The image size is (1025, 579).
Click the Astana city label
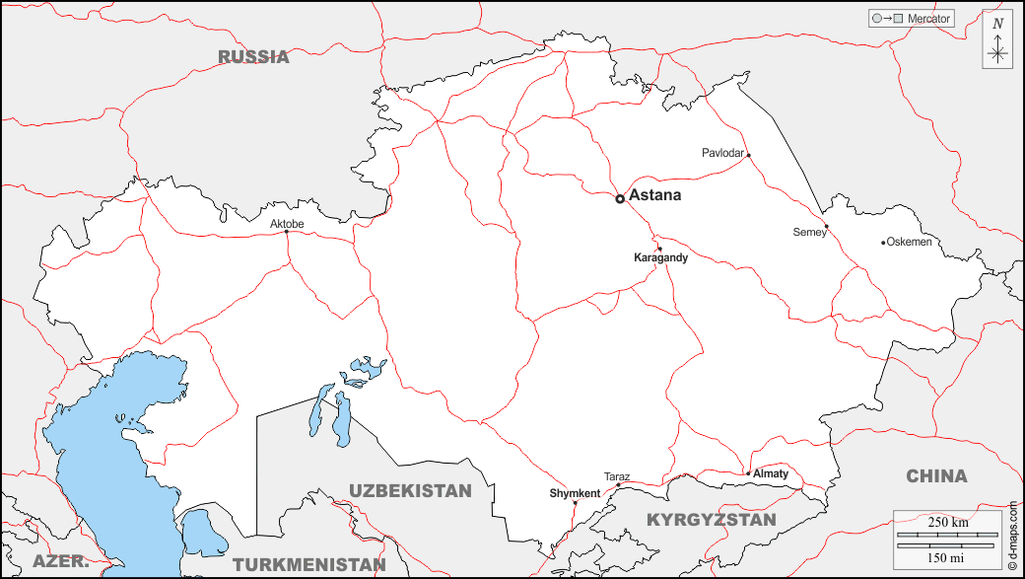pos(654,195)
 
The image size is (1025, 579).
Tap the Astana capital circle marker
pos(620,198)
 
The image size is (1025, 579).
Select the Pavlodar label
pos(722,153)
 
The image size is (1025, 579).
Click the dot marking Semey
pos(827,228)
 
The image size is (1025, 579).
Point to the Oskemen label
pos(909,242)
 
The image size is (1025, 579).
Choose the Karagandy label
pos(660,257)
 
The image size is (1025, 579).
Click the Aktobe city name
pos(287,224)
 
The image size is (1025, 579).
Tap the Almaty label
pos(772,473)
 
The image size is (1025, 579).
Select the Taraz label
pos(617,476)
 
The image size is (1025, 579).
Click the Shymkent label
pos(575,493)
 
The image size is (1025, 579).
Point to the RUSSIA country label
pos(254,56)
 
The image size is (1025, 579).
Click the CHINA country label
pos(936,476)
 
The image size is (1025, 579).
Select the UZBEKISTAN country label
pos(410,490)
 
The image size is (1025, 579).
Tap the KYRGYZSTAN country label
pos(711,519)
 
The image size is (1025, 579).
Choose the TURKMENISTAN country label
pos(309,565)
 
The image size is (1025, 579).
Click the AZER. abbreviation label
pos(61,562)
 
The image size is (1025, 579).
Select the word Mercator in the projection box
pos(928,19)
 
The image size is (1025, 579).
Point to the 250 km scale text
pos(948,522)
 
